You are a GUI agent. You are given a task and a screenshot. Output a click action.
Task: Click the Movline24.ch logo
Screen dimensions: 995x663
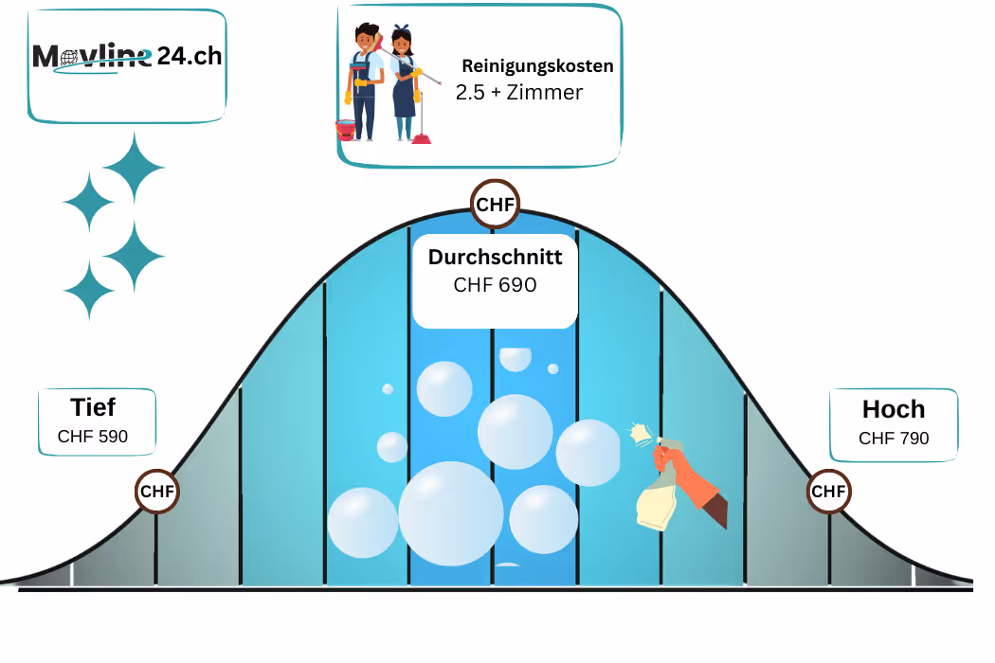tap(127, 58)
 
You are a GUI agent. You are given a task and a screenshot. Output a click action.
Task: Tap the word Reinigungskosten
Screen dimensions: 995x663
tap(537, 66)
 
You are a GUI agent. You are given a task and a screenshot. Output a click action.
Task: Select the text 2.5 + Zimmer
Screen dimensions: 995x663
tap(518, 92)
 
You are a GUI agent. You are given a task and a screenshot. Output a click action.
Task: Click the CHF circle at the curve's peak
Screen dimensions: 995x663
tap(495, 204)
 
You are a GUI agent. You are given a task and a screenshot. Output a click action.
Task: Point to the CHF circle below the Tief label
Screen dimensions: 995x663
tap(157, 492)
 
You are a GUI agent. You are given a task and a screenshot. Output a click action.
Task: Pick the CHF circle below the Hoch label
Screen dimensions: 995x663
tap(828, 492)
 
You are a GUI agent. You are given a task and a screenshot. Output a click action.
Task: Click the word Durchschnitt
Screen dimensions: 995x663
tap(495, 257)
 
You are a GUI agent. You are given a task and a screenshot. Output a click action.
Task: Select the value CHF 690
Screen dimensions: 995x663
tap(495, 284)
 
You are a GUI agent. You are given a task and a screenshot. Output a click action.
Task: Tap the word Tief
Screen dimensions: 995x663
tap(93, 407)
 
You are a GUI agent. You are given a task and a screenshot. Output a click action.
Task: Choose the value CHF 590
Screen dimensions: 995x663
tap(93, 437)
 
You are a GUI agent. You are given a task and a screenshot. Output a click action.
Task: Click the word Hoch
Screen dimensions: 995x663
tap(894, 409)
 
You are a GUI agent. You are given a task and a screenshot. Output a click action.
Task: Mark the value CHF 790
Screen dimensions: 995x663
tap(894, 439)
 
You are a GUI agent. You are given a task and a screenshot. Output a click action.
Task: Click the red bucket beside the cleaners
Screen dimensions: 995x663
tap(346, 130)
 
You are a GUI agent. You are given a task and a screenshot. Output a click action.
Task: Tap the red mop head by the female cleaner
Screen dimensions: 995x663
tap(421, 138)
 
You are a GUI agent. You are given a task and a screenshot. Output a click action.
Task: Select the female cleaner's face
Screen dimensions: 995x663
tap(402, 44)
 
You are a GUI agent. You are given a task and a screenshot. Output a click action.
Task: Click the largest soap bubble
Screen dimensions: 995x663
tap(450, 513)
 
